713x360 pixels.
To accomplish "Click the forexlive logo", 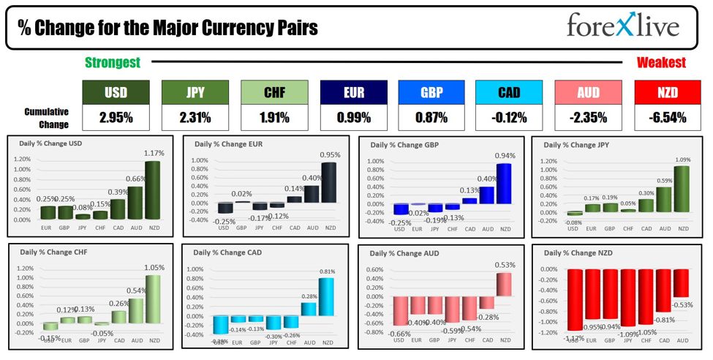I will click(622, 26).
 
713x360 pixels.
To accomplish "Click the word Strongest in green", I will click(113, 63).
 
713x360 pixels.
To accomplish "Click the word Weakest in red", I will click(661, 63).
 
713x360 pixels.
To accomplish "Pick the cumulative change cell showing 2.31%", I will click(195, 116).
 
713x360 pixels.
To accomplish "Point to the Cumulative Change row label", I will click(47, 117).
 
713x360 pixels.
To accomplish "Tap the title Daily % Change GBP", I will click(399, 145).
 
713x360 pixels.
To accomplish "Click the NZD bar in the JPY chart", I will click(682, 190).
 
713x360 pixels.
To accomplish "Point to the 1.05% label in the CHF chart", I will click(154, 268).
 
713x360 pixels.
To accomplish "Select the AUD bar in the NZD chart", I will click(682, 284).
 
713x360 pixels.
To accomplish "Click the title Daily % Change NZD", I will click(576, 252).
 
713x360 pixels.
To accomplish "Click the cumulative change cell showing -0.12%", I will click(509, 116).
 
